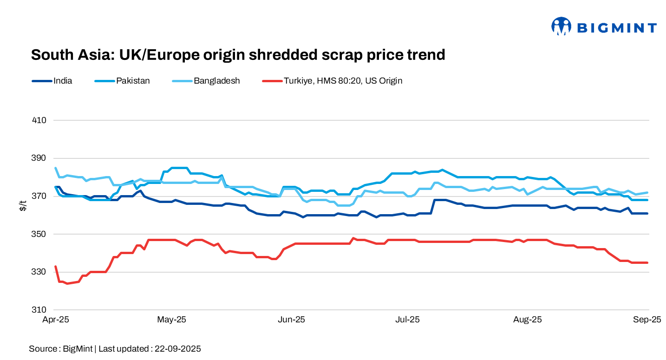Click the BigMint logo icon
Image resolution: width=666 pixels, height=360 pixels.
pyautogui.click(x=561, y=26)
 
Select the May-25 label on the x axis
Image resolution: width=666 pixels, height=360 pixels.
pyautogui.click(x=171, y=320)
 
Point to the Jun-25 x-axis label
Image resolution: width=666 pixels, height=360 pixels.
pyautogui.click(x=292, y=320)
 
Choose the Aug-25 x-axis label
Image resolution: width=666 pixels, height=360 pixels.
pyautogui.click(x=528, y=320)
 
